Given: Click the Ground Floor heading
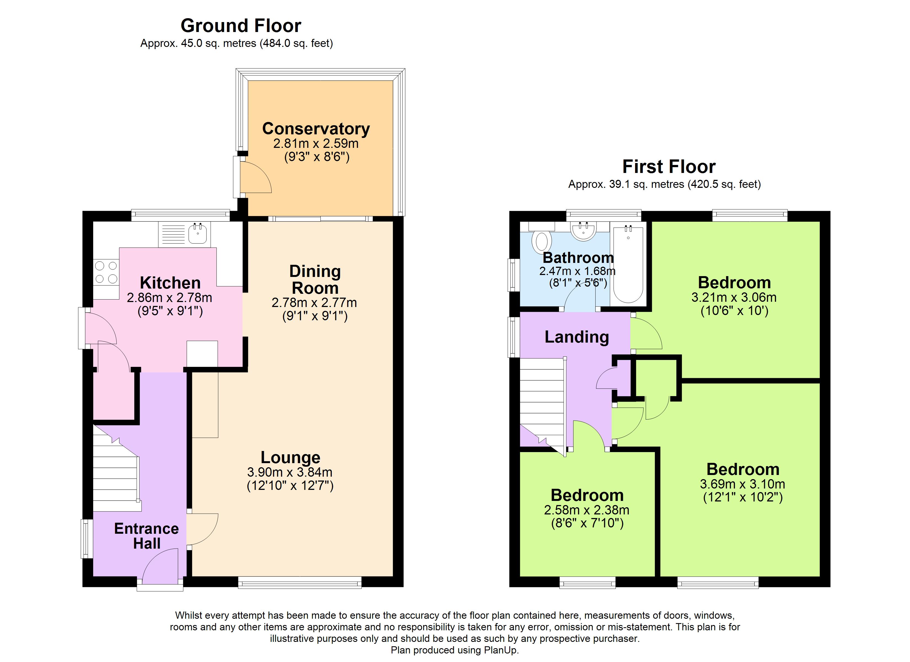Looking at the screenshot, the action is (241, 26).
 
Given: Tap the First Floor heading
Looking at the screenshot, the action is (669, 167).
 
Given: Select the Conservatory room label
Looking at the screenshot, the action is (316, 129).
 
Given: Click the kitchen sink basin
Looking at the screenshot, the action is (197, 233).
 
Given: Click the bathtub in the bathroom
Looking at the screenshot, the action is (628, 264).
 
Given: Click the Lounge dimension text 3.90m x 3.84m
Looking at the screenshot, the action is (290, 472).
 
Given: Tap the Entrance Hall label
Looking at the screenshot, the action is (146, 536).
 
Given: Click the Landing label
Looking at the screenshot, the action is (577, 337).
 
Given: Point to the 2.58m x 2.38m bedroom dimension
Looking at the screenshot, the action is (587, 510).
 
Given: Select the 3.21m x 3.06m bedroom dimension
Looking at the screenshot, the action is (734, 297).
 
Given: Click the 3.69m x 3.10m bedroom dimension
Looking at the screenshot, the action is (743, 484).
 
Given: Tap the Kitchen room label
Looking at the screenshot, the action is (170, 283).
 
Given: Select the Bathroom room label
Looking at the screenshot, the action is (578, 257).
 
